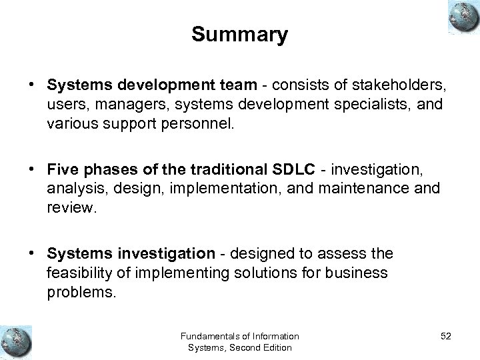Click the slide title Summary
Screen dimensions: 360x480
(239, 35)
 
